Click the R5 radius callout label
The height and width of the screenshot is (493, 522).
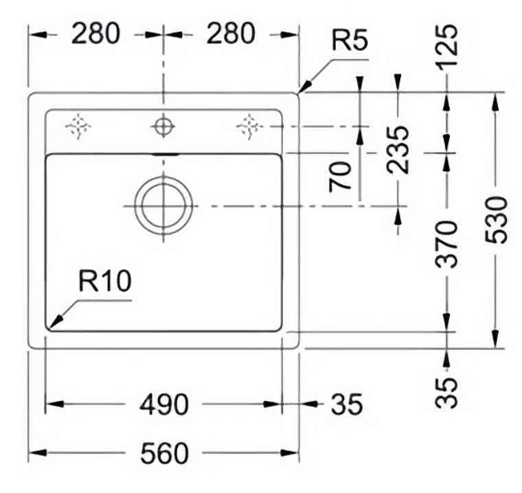tap(350, 41)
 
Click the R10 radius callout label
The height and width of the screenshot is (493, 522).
tap(105, 281)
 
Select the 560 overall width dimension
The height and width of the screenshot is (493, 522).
tap(164, 453)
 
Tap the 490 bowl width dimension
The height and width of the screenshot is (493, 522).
tap(164, 404)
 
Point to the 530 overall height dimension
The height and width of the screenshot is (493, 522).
tap(496, 220)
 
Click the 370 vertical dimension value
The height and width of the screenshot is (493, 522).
tap(446, 244)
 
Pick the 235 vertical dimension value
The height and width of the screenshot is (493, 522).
tap(398, 150)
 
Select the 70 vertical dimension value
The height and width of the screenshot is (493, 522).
tap(340, 176)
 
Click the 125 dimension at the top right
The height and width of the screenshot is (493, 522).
tap(447, 47)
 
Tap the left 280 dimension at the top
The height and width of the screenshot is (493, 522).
tap(95, 34)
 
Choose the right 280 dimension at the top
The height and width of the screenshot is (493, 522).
tap(231, 34)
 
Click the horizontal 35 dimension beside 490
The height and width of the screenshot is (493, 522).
tap(346, 404)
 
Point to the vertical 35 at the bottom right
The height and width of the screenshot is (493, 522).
tap(446, 393)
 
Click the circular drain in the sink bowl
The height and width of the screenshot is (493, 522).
tap(163, 205)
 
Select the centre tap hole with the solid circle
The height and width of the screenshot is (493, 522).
tap(163, 126)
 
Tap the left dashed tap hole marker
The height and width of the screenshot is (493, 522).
tap(78, 126)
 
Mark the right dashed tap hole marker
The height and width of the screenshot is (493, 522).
tap(249, 126)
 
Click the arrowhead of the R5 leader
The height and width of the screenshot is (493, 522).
tap(305, 87)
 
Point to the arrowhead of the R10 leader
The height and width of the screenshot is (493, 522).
tap(56, 321)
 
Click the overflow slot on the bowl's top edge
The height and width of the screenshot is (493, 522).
tap(166, 154)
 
